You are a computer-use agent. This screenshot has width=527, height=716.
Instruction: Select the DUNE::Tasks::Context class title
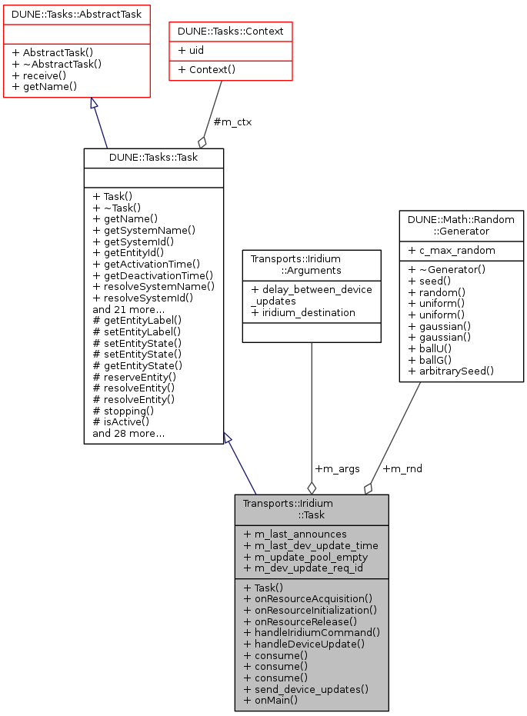coord(231,32)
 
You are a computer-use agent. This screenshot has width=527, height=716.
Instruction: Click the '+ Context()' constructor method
coord(206,69)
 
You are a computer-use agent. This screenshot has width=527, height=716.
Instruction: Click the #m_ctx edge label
coord(232,122)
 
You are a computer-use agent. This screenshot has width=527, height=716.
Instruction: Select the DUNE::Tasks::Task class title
coord(153,158)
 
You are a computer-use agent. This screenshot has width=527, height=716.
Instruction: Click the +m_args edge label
coord(337,468)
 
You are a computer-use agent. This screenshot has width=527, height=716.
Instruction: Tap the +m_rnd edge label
coord(402,468)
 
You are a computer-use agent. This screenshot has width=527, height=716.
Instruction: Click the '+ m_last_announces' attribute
coord(295,534)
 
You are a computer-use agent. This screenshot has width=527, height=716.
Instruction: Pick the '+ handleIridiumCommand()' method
coord(312,631)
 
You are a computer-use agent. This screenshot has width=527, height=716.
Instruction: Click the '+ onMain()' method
coord(270,701)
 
